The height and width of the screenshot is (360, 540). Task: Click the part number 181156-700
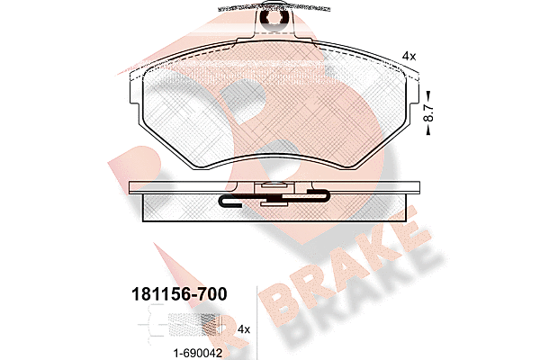coord(179,294)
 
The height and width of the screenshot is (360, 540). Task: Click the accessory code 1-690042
coord(198,353)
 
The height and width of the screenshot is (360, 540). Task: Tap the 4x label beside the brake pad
coord(409,56)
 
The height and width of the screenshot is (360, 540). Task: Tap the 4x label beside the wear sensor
coord(244,329)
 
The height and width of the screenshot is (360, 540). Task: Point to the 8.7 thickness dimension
coord(428,112)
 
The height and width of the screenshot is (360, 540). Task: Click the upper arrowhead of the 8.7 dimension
coord(428,94)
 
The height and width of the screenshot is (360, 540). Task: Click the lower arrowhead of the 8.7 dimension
coord(428,130)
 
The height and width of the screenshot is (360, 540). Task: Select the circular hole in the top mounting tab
coord(274,18)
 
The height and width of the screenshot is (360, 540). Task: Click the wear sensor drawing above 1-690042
coord(180,324)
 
